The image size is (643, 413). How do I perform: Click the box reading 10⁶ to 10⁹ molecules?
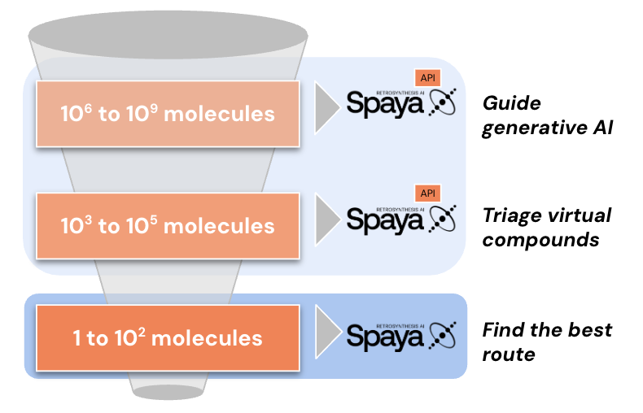(x=168, y=114)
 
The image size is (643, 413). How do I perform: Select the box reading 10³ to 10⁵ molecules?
(x=168, y=224)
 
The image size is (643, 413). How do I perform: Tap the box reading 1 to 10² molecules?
(x=168, y=337)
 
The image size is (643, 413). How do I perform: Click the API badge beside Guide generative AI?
(x=427, y=78)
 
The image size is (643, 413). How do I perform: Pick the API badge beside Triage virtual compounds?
(x=427, y=193)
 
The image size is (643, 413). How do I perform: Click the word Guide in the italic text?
(x=511, y=104)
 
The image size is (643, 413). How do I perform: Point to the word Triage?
(x=512, y=216)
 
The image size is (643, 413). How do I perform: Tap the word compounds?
(x=540, y=241)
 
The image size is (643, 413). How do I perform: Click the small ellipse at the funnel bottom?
(x=168, y=392)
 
